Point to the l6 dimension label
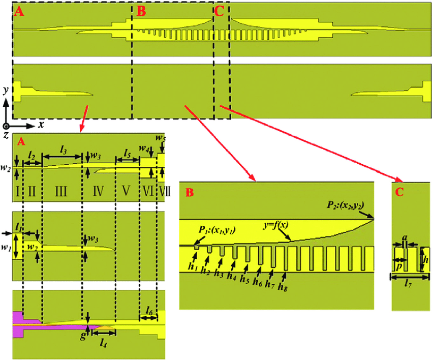coord(148,310)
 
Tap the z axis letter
coord(6,134)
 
